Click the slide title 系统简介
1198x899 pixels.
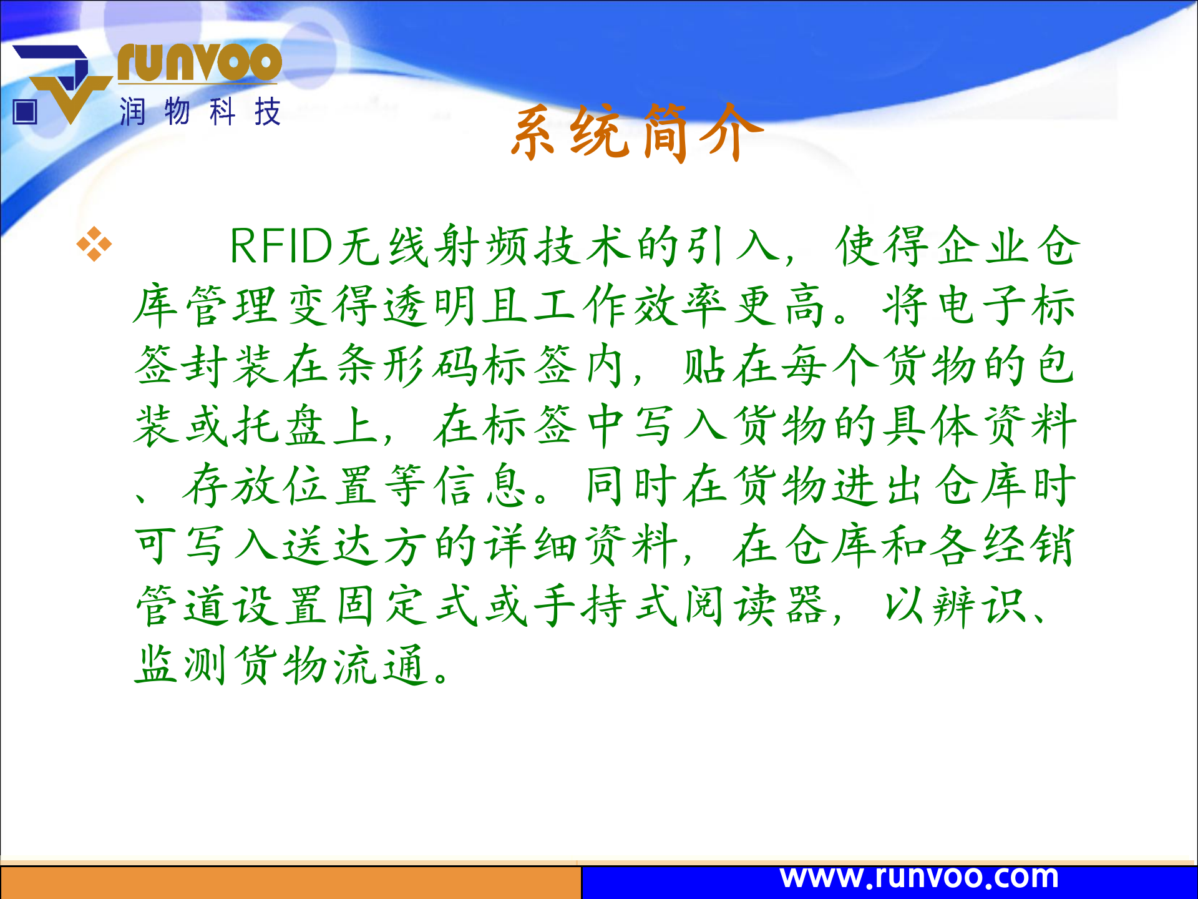coord(636,132)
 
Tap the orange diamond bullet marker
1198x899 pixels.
coord(94,244)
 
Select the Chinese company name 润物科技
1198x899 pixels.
coord(200,112)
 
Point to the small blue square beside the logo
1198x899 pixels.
coord(26,112)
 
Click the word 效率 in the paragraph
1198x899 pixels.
coord(680,306)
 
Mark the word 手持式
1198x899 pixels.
coord(606,606)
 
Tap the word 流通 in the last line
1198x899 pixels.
coord(381,666)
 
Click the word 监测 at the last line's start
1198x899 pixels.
coord(181,666)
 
